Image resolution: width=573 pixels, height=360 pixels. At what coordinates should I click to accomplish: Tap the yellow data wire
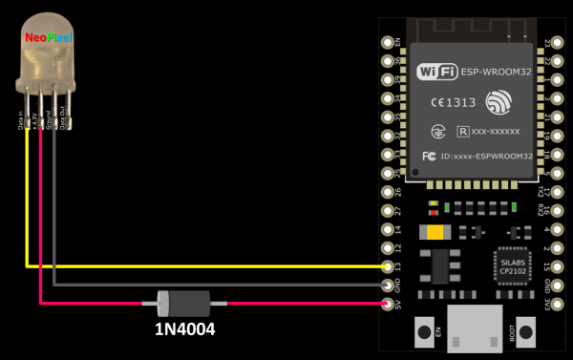pyautogui.click(x=191, y=265)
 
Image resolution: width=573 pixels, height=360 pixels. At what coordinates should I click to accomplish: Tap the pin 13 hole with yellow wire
pyautogui.click(x=387, y=265)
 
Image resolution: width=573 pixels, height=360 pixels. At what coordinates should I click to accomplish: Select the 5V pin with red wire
pyautogui.click(x=387, y=304)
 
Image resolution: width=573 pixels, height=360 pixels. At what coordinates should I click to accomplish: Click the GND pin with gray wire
pyautogui.click(x=387, y=285)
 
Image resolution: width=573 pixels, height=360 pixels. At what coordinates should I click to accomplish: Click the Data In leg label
pyautogui.click(x=22, y=122)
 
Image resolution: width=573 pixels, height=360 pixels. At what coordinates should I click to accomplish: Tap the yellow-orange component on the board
pyautogui.click(x=435, y=232)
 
